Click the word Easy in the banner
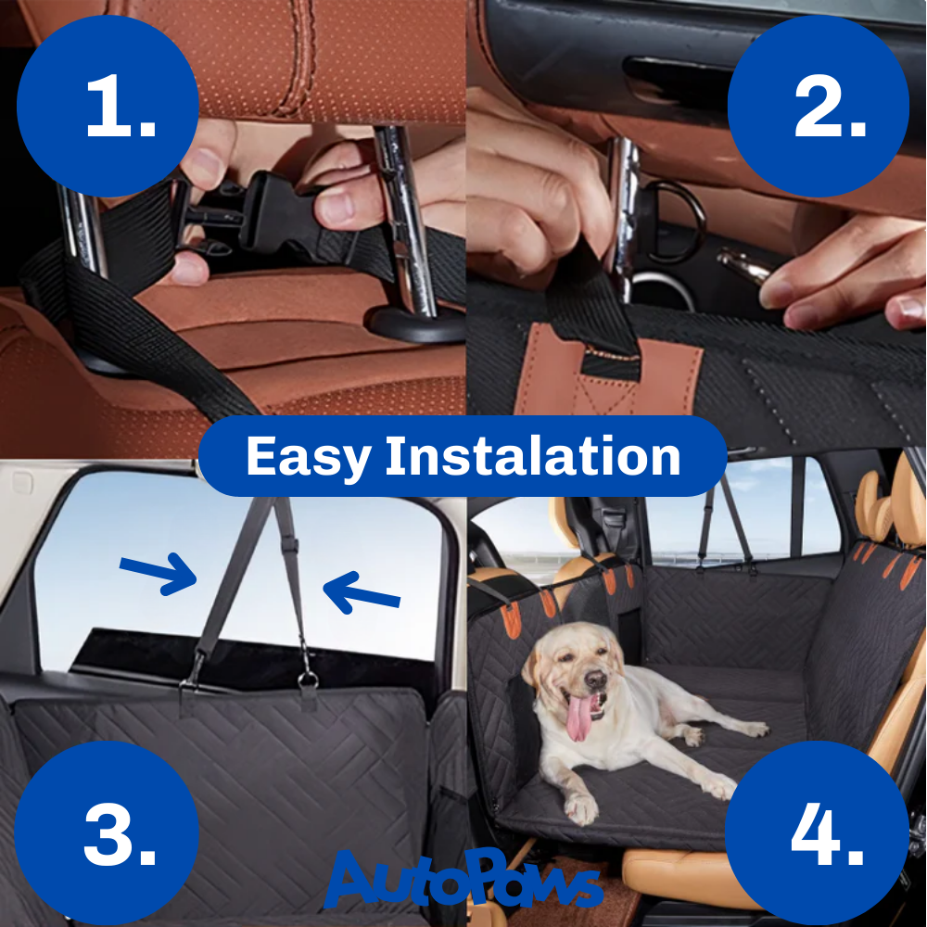308,457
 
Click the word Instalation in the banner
533,455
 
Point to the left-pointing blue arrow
362,592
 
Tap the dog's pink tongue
580,717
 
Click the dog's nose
594,679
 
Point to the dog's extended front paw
580,808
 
